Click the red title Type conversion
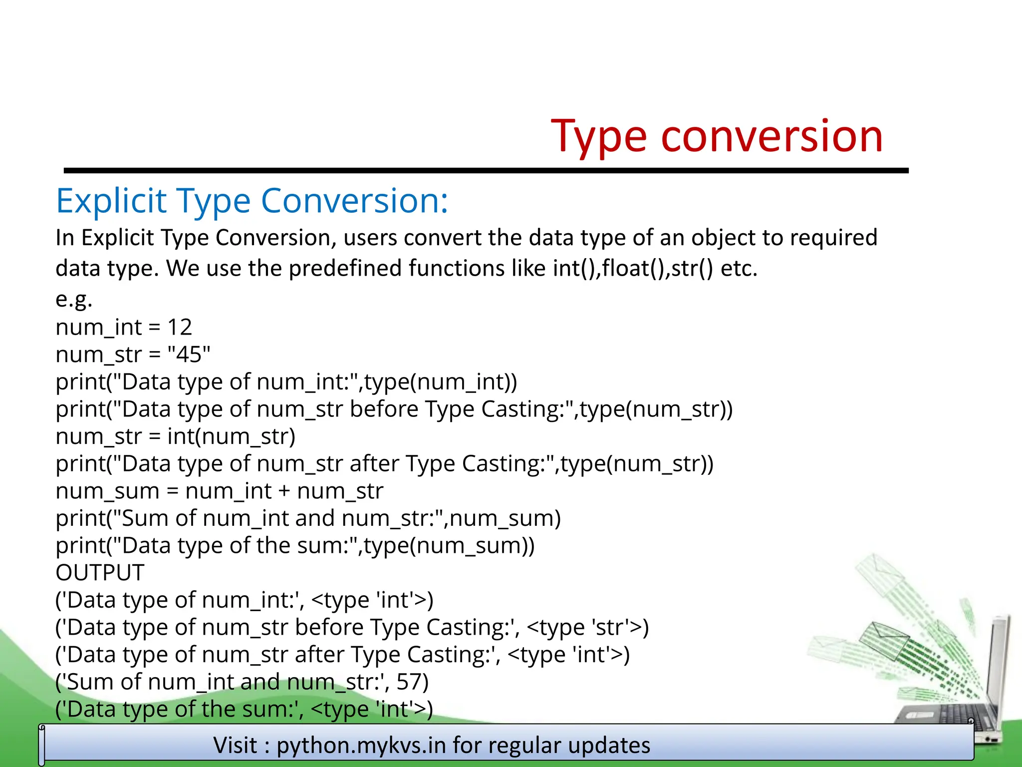[717, 136]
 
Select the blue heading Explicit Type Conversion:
[252, 201]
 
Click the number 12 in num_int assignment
[180, 328]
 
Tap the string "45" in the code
[189, 355]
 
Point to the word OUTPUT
[100, 573]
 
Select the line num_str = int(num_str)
[175, 436]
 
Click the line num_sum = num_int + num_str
[219, 491]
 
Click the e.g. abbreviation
[74, 300]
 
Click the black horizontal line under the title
[486, 171]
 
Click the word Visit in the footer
[236, 746]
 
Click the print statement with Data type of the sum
[294, 546]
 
